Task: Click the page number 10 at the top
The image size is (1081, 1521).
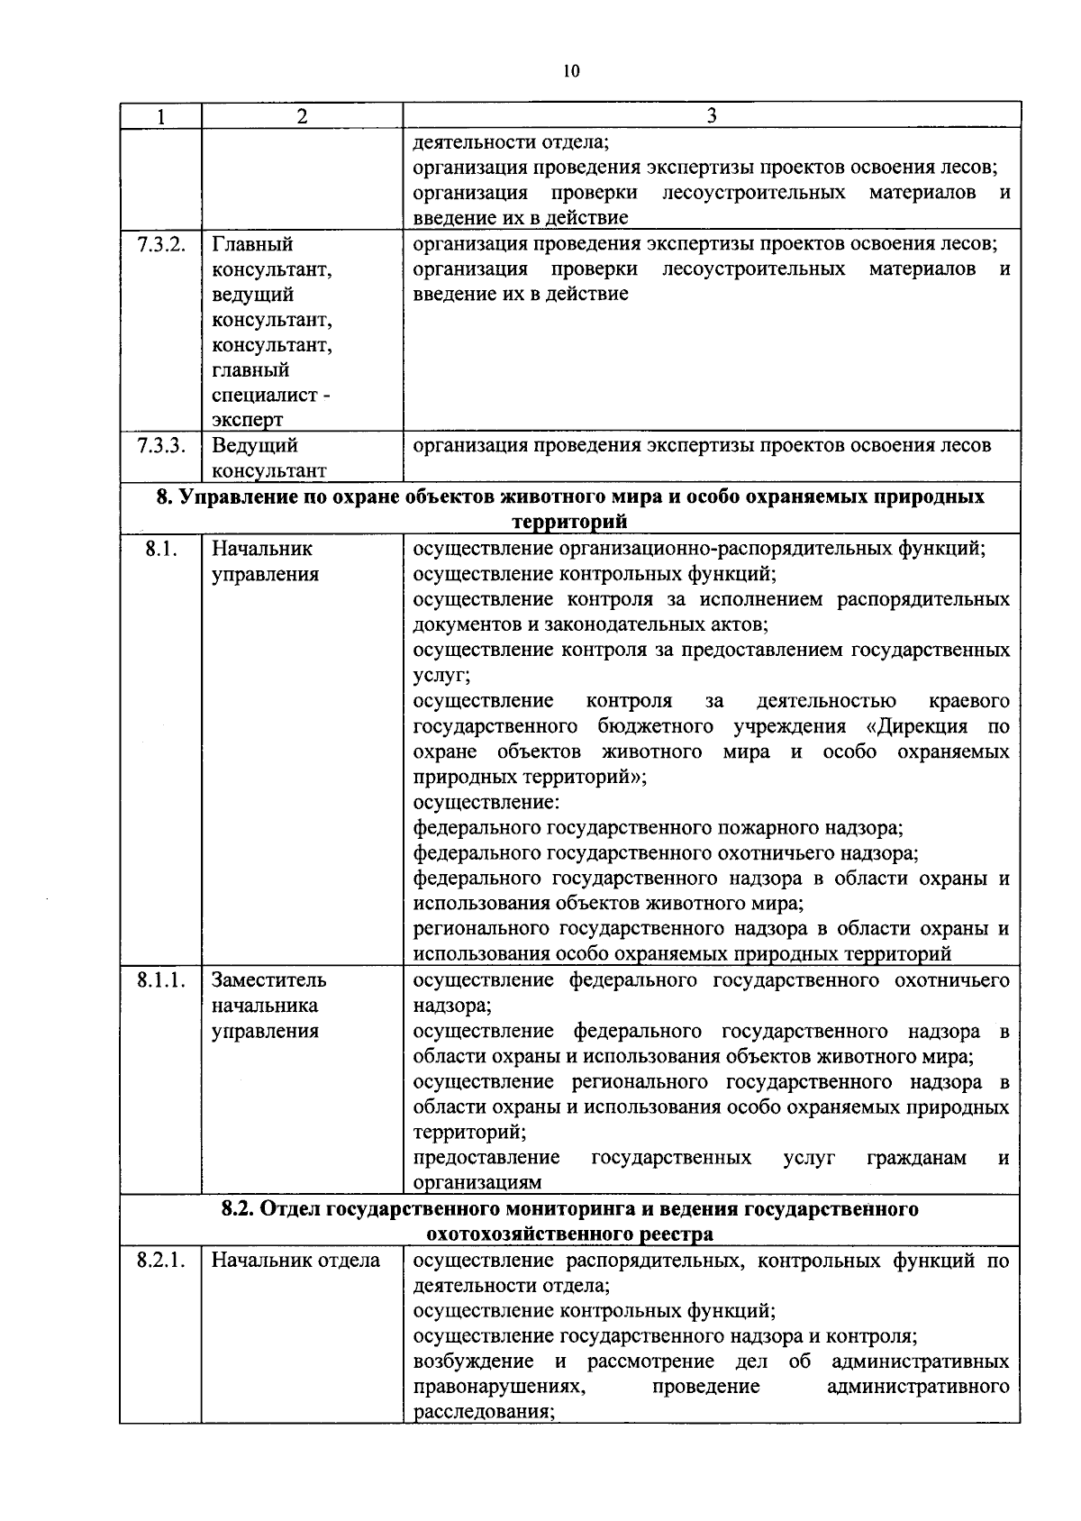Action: (x=571, y=72)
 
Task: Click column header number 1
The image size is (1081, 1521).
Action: (x=160, y=116)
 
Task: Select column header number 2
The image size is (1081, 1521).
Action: (x=302, y=116)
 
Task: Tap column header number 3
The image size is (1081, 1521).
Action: (x=712, y=115)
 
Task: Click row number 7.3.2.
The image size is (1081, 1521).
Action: (x=161, y=244)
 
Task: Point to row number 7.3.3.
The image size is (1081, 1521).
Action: (x=161, y=445)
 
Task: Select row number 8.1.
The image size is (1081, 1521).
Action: (x=159, y=548)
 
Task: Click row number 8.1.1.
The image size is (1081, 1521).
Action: (x=161, y=979)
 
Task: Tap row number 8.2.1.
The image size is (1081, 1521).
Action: (x=161, y=1260)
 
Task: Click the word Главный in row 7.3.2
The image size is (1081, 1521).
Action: (x=252, y=244)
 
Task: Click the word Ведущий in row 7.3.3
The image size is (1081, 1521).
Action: (x=254, y=445)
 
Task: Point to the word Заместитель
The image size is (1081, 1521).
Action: (x=268, y=979)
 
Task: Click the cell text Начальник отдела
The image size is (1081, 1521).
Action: (x=295, y=1260)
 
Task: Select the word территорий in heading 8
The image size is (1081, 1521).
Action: (x=569, y=522)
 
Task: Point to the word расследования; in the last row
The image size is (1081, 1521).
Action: (x=483, y=1411)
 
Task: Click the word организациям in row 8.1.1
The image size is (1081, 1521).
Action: (x=477, y=1182)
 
